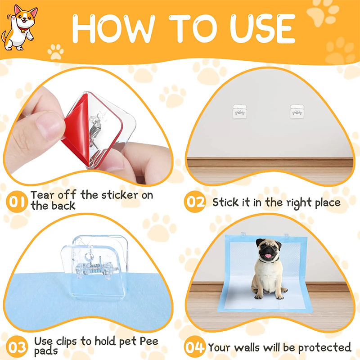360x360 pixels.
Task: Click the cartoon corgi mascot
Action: [x=19, y=27]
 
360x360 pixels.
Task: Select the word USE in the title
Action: [x=263, y=28]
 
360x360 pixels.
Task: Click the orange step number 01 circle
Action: [x=17, y=201]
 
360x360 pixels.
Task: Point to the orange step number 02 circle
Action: [x=195, y=201]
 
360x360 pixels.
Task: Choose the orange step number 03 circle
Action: [x=17, y=346]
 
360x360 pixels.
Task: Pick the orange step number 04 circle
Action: [x=195, y=346]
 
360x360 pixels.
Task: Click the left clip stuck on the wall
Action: [x=239, y=112]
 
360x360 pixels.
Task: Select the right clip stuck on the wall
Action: [x=297, y=112]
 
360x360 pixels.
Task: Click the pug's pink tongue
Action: [x=268, y=256]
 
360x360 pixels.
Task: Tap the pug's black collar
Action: [x=268, y=261]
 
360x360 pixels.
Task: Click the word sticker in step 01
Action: [x=120, y=195]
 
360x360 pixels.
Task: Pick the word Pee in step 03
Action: [x=149, y=341]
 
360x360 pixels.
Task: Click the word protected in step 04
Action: [x=324, y=348]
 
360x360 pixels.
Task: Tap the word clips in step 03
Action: [x=66, y=342]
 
